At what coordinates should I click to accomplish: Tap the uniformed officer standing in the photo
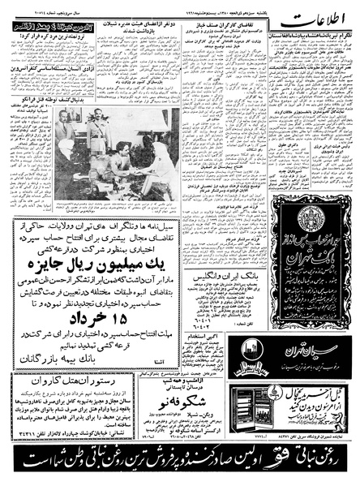tap(99, 130)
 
